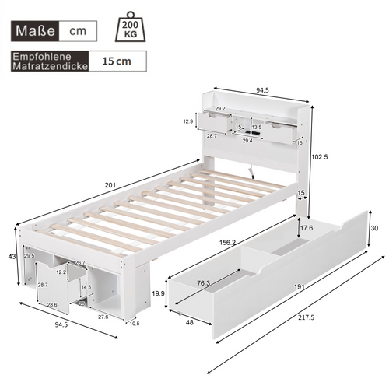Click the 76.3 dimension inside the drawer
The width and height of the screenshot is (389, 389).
pyautogui.click(x=203, y=283)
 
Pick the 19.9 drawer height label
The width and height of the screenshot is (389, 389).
pyautogui.click(x=159, y=293)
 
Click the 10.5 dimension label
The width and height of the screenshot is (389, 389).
pyautogui.click(x=135, y=323)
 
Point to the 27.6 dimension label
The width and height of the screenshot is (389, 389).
pyautogui.click(x=103, y=317)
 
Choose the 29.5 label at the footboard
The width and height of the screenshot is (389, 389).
pyautogui.click(x=30, y=256)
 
